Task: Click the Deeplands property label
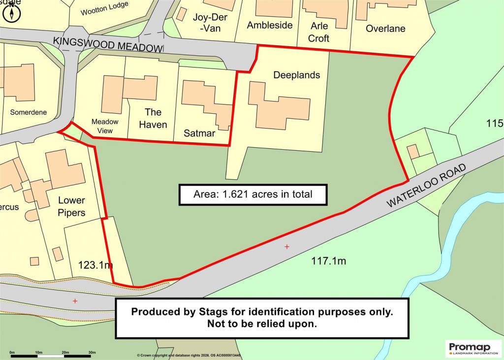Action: click(x=296, y=75)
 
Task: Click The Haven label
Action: click(x=153, y=118)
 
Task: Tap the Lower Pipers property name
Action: click(x=71, y=207)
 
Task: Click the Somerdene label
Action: click(x=29, y=112)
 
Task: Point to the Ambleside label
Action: click(x=270, y=25)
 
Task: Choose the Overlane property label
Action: click(x=385, y=29)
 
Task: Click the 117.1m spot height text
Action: click(x=328, y=261)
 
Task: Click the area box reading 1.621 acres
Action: click(x=252, y=194)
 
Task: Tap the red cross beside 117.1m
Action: click(x=286, y=246)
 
